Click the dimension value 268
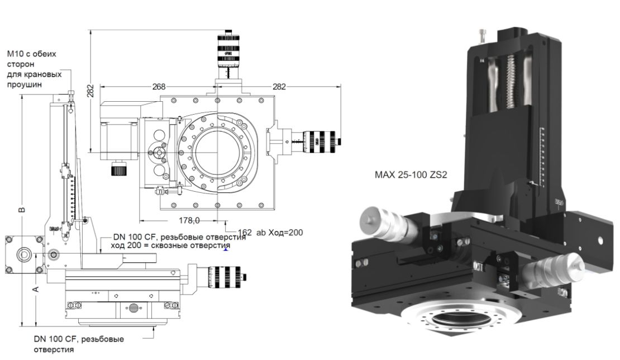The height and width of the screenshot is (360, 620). (x=159, y=87)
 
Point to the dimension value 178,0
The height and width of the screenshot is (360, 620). (x=189, y=220)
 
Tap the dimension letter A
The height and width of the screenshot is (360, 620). (x=35, y=288)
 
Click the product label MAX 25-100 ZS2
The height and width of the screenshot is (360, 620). (x=411, y=175)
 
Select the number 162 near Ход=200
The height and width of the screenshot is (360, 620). (x=245, y=232)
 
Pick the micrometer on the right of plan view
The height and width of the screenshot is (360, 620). (x=318, y=140)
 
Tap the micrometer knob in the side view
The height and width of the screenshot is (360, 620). (x=227, y=274)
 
